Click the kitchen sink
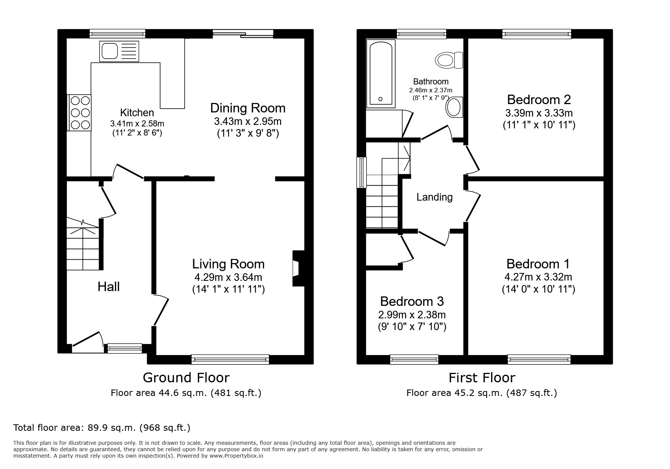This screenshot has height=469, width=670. click(x=119, y=51)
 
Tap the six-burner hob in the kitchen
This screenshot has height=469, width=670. click(x=79, y=112)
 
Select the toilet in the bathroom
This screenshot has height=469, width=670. click(x=449, y=60)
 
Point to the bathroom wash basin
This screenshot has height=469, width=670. click(x=454, y=107)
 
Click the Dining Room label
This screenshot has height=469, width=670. click(x=248, y=108)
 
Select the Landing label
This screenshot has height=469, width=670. click(x=434, y=197)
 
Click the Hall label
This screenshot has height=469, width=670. click(x=109, y=287)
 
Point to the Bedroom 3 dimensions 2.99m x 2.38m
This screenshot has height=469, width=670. click(x=412, y=315)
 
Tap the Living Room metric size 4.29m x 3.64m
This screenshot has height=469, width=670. click(x=228, y=277)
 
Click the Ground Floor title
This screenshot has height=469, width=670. click(x=186, y=377)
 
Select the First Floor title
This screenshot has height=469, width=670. click(x=482, y=377)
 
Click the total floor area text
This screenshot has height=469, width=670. click(x=102, y=428)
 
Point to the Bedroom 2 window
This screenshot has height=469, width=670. click(x=536, y=34)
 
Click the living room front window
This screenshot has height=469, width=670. click(x=230, y=359)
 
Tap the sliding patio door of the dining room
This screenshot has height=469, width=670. click(x=243, y=34)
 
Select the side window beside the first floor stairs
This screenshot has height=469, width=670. click(x=362, y=172)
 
